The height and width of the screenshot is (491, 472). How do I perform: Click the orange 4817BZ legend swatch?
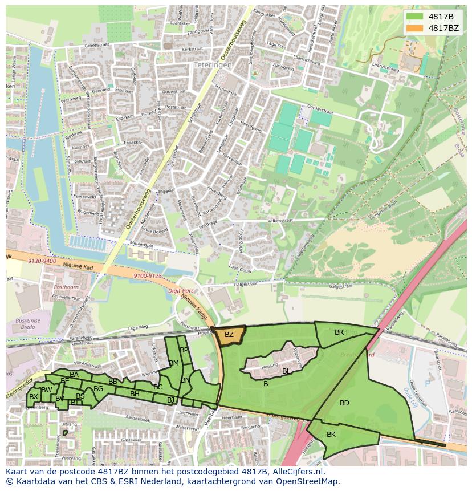pyautogui.click(x=415, y=27)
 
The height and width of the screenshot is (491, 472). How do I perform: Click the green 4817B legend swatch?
pyautogui.click(x=415, y=17)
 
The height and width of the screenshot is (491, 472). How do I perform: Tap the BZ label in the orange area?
pyautogui.click(x=229, y=335)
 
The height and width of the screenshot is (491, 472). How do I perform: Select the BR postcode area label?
pyautogui.click(x=339, y=332)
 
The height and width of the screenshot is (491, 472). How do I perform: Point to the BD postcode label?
pyautogui.click(x=344, y=403)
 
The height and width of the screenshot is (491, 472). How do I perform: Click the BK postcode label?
pyautogui.click(x=331, y=435)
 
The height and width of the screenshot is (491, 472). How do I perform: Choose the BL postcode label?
pyautogui.click(x=286, y=371)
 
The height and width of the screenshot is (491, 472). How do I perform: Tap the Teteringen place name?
pyautogui.click(x=213, y=65)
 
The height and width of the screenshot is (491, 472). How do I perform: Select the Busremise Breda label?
pyautogui.click(x=29, y=324)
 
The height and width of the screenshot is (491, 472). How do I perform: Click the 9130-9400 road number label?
pyautogui.click(x=42, y=261)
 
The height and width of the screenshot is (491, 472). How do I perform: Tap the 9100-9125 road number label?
pyautogui.click(x=147, y=276)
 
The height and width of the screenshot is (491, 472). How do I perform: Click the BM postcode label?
pyautogui.click(x=174, y=363)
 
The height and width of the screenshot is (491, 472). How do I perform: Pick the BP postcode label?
pyautogui.click(x=184, y=350)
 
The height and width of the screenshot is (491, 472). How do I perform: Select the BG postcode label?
pyautogui.click(x=98, y=389)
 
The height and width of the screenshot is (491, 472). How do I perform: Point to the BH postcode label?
pyautogui.click(x=135, y=393)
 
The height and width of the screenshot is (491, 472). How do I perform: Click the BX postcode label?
pyautogui.click(x=34, y=397)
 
